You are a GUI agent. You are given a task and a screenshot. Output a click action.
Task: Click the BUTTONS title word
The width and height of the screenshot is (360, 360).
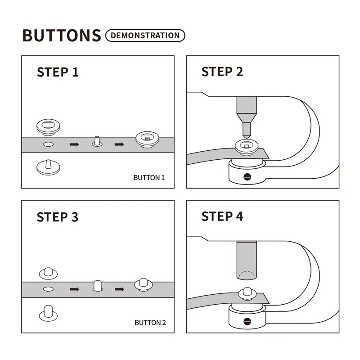[62, 36]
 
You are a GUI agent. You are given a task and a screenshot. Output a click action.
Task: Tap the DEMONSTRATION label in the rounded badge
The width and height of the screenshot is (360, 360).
[145, 36]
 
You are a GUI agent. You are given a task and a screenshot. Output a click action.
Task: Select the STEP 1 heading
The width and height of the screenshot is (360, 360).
[58, 72]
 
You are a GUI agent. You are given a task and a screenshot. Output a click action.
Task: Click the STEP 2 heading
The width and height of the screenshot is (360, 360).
[222, 72]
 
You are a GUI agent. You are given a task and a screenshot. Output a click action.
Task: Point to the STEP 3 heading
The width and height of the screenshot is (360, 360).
[58, 217]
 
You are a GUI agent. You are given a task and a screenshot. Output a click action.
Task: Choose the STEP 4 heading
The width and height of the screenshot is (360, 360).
[222, 216]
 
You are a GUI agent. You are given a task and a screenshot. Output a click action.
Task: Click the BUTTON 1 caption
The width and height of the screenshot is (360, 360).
[149, 178]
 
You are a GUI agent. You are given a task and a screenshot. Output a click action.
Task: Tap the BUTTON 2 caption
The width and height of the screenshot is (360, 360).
[150, 323]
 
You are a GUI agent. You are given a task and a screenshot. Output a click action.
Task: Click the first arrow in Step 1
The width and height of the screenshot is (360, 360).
[74, 144]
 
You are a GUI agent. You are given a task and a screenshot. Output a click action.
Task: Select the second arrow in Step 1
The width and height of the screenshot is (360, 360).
[119, 144]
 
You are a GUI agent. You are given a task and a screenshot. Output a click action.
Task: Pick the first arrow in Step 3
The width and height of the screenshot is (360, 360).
[74, 289]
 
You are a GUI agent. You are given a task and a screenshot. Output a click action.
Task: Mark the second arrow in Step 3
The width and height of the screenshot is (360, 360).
[119, 289]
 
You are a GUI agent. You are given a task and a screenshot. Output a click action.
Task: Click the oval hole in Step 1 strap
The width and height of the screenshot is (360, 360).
[49, 144]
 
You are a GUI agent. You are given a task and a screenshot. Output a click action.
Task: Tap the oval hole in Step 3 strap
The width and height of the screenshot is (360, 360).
[49, 289]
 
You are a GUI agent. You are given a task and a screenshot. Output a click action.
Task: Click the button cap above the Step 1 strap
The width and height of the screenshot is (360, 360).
[49, 127]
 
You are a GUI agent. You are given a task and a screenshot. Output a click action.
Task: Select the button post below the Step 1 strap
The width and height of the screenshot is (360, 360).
[49, 167]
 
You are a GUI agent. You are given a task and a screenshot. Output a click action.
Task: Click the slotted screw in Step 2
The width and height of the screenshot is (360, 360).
[247, 177]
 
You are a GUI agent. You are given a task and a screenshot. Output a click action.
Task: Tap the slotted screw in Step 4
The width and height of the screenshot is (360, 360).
[247, 321]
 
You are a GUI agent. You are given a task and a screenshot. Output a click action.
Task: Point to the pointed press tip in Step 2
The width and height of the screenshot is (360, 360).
[247, 130]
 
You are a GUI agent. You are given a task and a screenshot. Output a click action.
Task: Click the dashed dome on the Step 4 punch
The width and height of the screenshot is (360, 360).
[247, 274]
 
